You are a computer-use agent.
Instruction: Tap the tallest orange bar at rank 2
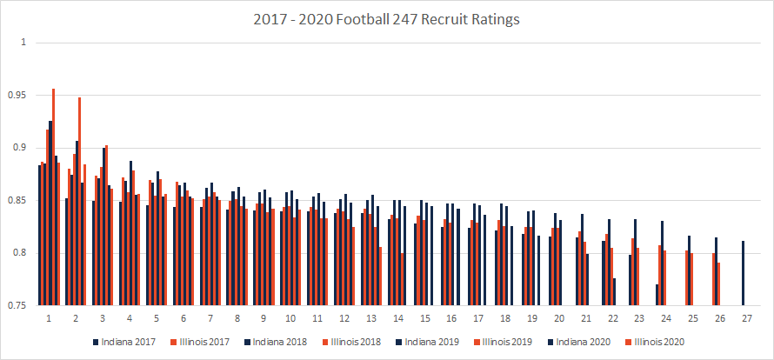pos(80,200)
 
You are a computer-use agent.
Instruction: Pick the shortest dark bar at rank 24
pos(657,295)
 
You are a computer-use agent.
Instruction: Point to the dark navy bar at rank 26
pos(716,271)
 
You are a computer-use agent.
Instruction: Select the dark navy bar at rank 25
pos(690,270)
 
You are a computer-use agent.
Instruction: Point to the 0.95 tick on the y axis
pos(19,95)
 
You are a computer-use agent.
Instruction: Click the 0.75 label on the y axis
pos(19,306)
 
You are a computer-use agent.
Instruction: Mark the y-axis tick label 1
pos(23,43)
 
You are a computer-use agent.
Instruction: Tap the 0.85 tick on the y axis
pos(19,201)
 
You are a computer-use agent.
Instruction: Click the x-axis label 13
pos(370,319)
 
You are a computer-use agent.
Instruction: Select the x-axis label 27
pos(745,319)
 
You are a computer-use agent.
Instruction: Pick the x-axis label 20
pos(557,319)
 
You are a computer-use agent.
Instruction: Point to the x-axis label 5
pos(156,319)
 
